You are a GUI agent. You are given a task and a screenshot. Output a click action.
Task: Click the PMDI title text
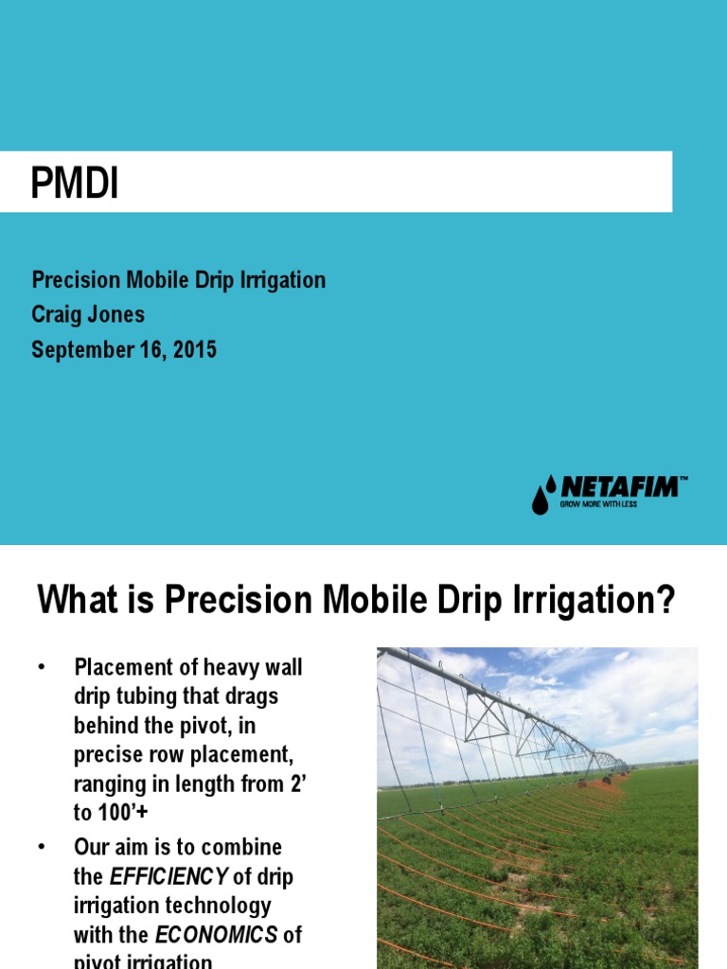75,184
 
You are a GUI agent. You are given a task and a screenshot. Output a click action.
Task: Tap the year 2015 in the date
194,350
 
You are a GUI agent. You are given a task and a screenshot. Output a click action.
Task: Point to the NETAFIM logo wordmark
620,487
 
